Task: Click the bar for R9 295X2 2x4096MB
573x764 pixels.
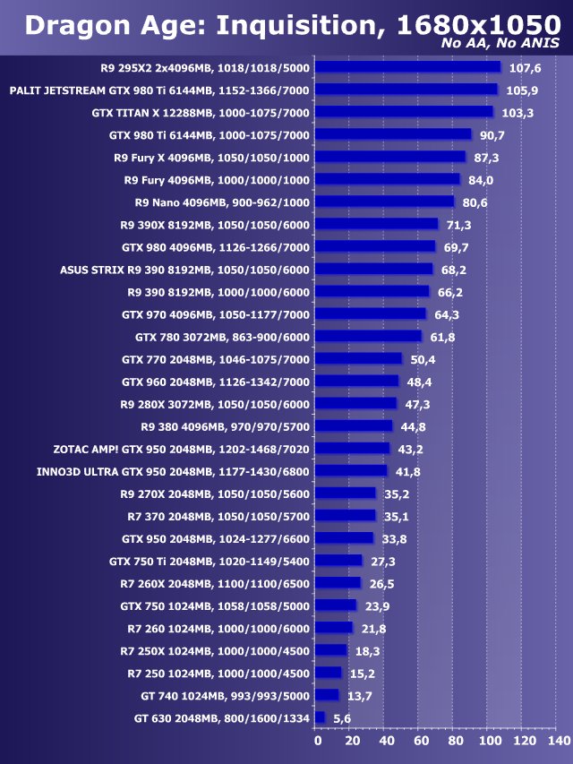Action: [x=408, y=66]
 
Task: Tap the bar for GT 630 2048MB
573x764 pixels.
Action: [x=321, y=717]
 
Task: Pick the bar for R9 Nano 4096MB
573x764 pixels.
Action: [x=386, y=202]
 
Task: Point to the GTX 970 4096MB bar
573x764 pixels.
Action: [x=372, y=313]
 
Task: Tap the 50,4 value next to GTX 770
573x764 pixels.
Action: [x=423, y=359]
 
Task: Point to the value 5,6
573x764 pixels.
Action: [x=341, y=718]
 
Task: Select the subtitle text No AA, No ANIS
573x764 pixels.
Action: [x=502, y=43]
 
